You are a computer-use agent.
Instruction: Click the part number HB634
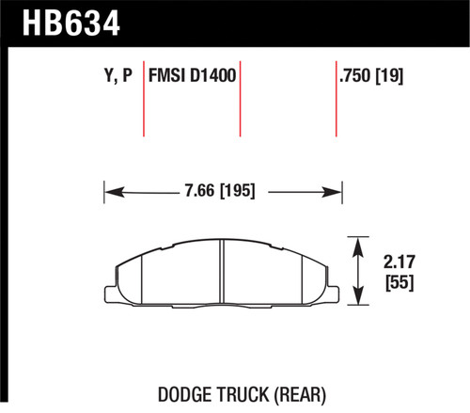[x=61, y=20]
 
